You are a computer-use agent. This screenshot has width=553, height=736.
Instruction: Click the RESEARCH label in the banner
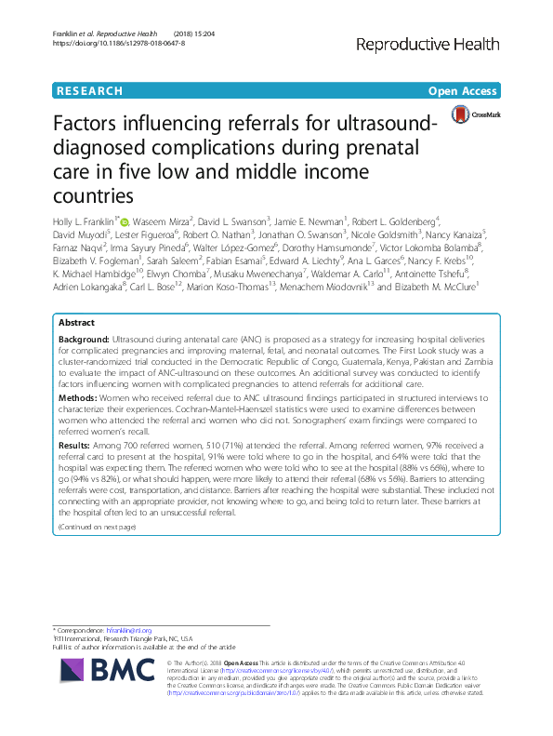[89, 91]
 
